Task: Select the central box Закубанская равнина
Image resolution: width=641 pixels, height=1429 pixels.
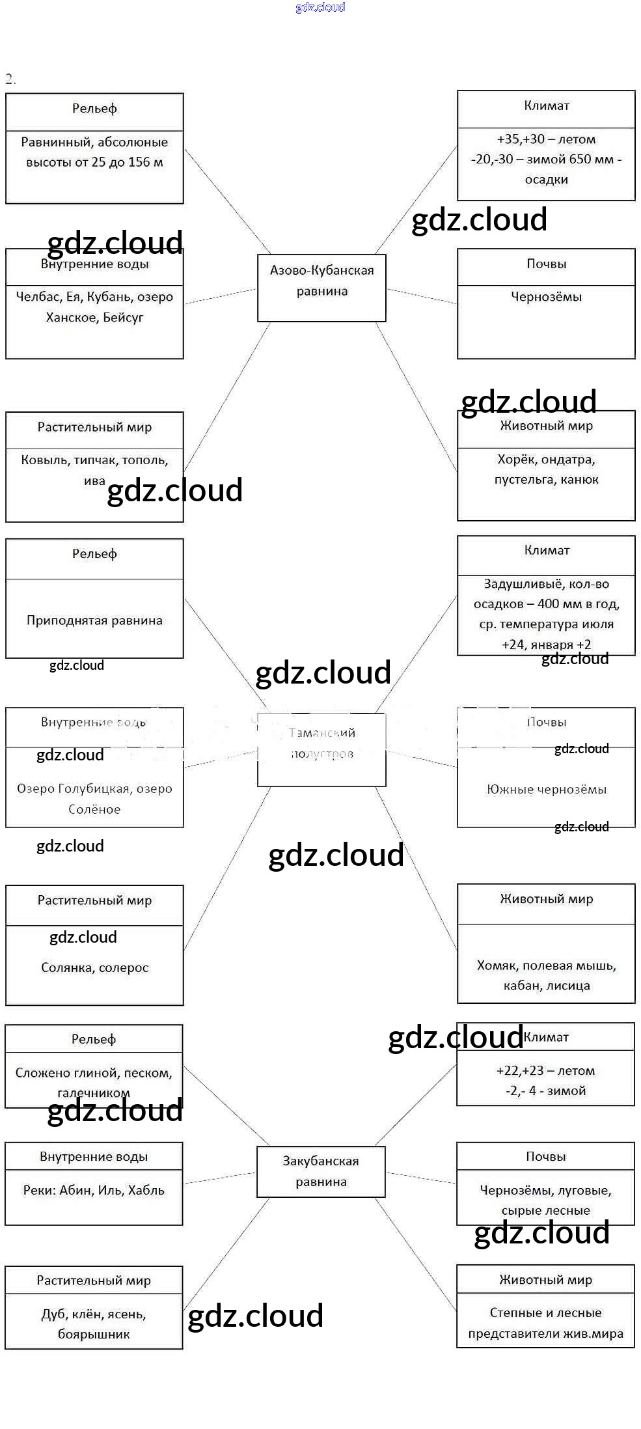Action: [x=321, y=1171]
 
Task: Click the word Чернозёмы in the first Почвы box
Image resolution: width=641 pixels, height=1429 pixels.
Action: [x=546, y=297]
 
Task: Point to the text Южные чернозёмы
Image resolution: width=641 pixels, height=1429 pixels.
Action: [x=546, y=790]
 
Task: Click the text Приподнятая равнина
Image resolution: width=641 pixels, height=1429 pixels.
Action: [x=94, y=620]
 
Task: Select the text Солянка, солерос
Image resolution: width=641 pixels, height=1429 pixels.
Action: [x=94, y=967]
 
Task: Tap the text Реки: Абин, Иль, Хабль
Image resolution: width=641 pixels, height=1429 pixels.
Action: [x=94, y=1190]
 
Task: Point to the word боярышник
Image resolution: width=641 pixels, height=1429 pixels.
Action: [x=94, y=1334]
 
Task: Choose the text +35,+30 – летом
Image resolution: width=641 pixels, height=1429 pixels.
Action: [x=546, y=139]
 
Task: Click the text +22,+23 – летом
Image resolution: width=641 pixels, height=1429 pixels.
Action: [x=545, y=1070]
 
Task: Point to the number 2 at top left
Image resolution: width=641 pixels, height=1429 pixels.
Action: [x=9, y=79]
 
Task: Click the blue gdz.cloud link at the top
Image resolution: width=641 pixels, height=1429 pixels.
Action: [x=320, y=7]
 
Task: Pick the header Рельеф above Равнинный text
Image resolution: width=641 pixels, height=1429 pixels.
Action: [x=94, y=109]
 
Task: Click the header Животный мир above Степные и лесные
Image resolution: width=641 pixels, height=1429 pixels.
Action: [x=545, y=1280]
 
